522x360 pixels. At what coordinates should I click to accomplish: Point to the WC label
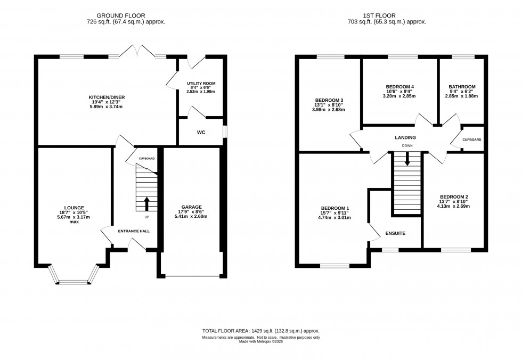click(201, 132)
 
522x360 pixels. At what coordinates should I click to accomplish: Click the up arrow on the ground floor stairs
click(147, 203)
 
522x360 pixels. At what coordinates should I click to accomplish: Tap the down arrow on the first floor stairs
click(407, 159)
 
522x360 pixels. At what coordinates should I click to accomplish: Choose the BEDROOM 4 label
click(399, 87)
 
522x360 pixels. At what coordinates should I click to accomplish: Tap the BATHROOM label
click(462, 87)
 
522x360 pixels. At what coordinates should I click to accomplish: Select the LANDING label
click(405, 137)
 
